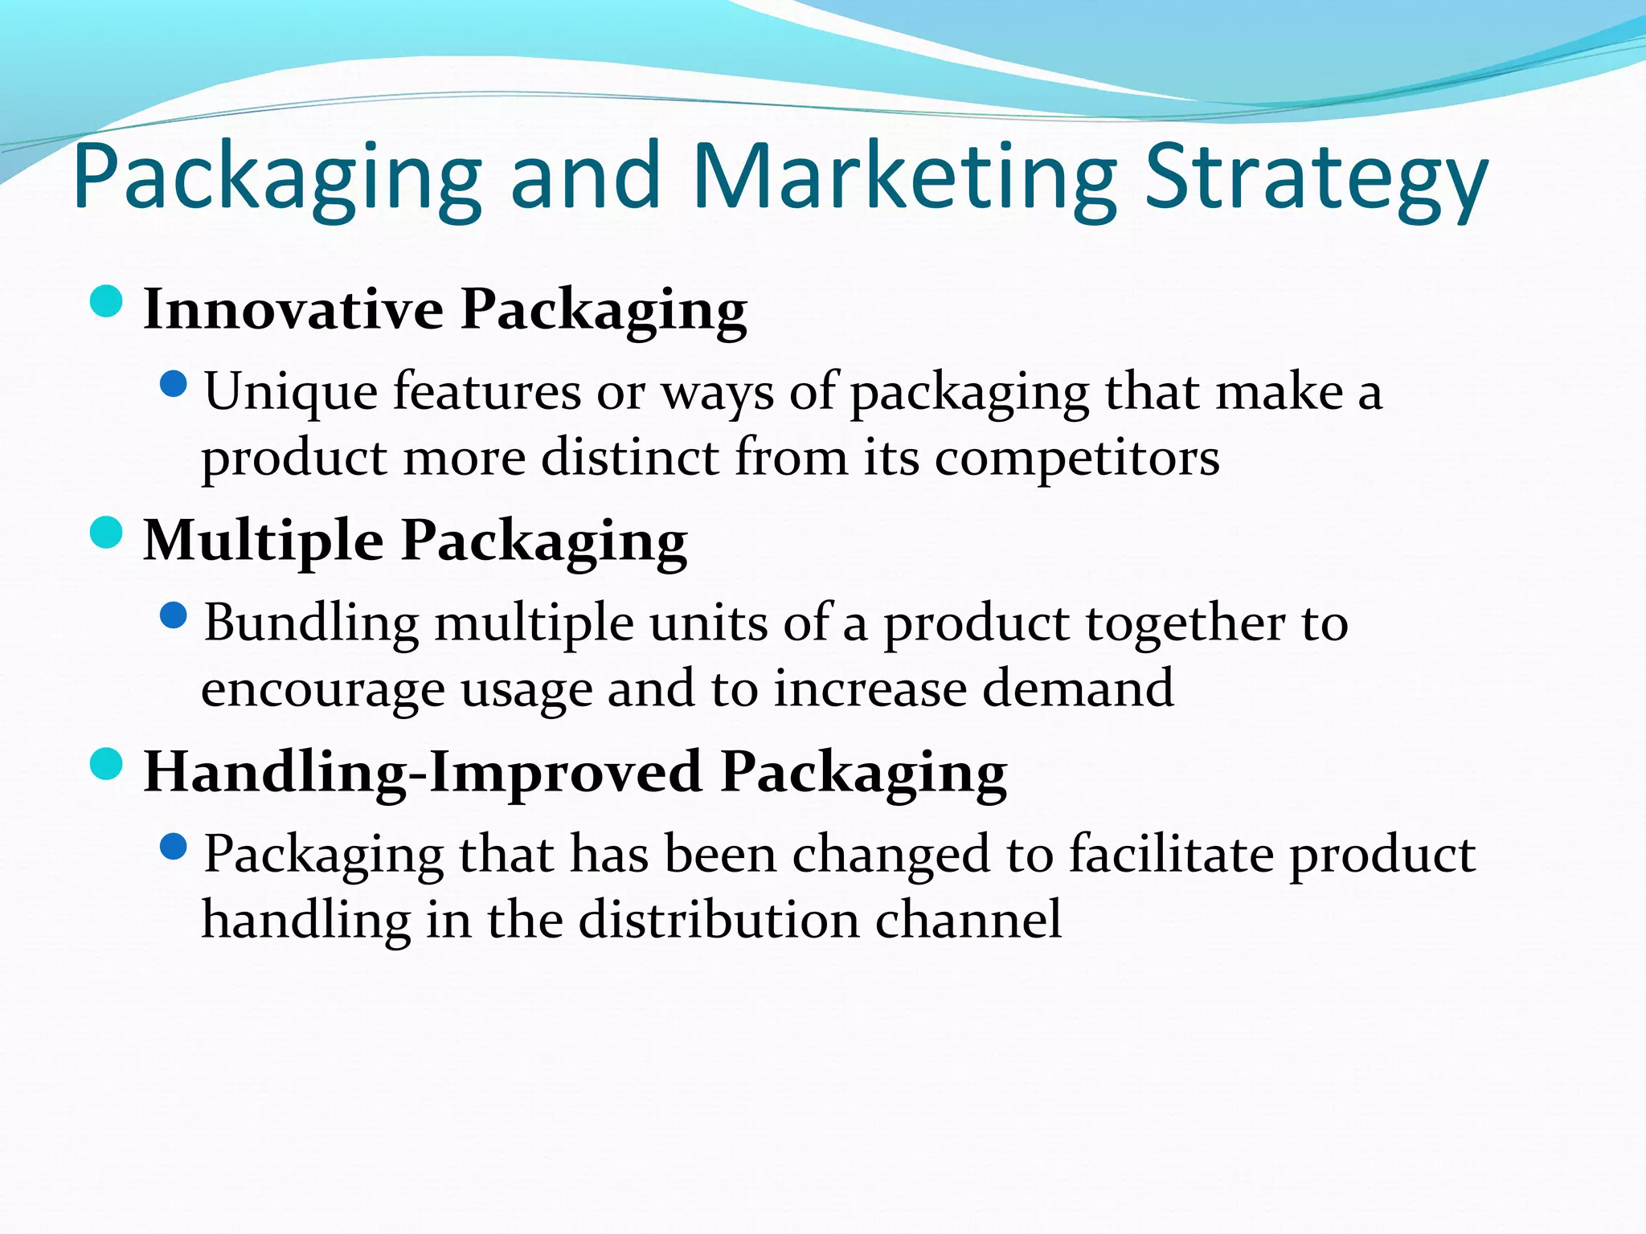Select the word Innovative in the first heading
click(x=293, y=309)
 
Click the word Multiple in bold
click(x=263, y=540)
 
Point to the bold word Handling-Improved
click(x=421, y=771)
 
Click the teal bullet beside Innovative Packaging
click(x=106, y=302)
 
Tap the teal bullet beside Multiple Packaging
click(x=106, y=533)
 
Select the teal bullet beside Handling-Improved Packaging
click(x=106, y=764)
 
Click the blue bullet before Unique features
click(x=174, y=385)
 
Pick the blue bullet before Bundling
click(x=174, y=616)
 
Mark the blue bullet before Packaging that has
click(x=174, y=847)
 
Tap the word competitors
click(x=1077, y=459)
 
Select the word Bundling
click(x=311, y=624)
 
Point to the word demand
click(x=1078, y=689)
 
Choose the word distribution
click(x=719, y=920)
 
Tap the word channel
click(x=968, y=920)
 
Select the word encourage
click(x=322, y=690)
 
